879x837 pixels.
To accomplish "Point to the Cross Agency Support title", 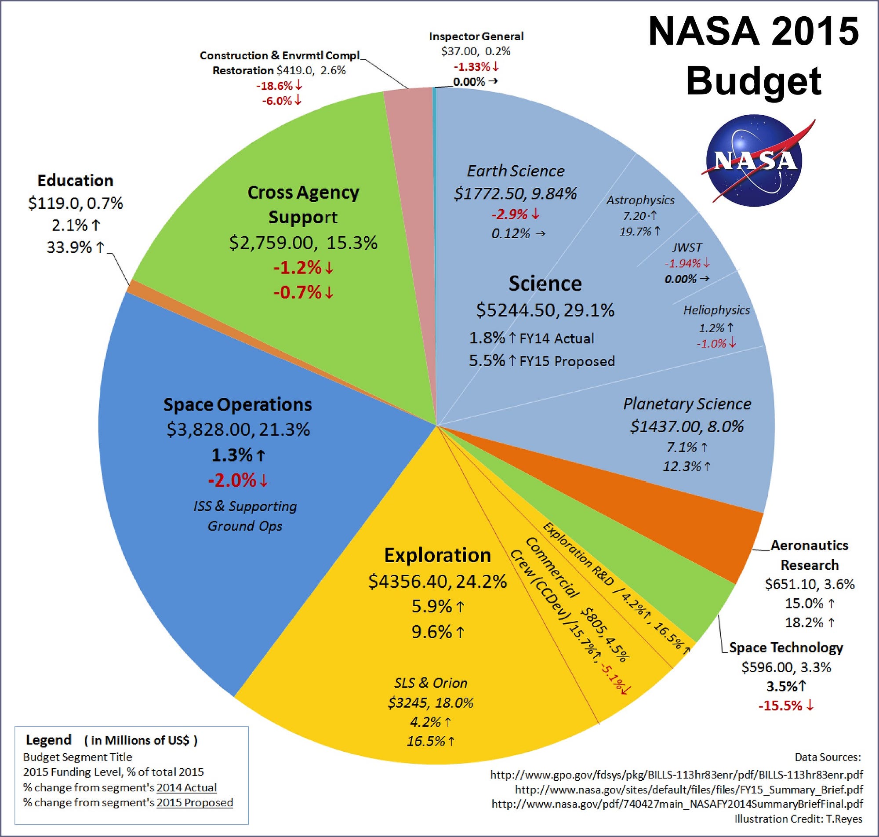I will [x=303, y=204].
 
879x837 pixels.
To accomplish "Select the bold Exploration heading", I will [x=437, y=555].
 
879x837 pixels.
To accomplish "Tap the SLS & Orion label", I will [x=430, y=683].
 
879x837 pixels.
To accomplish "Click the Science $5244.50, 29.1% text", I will [x=545, y=309].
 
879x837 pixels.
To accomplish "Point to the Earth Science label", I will [x=516, y=171].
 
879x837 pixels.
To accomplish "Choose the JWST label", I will [x=687, y=247].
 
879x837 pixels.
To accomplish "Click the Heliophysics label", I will [x=716, y=310].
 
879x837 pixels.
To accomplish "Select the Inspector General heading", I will [x=476, y=36].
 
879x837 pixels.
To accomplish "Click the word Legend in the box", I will [x=49, y=740].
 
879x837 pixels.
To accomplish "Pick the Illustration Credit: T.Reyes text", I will [x=798, y=819].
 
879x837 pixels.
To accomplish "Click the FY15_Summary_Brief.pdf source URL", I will [x=689, y=790].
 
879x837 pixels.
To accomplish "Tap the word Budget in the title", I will [x=753, y=81].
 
